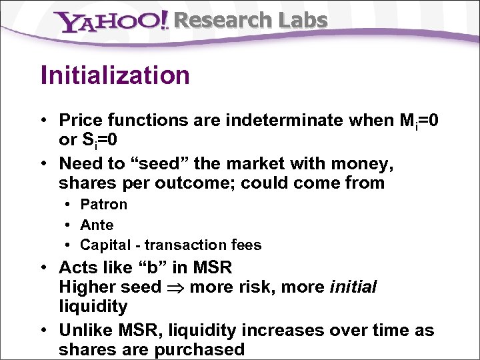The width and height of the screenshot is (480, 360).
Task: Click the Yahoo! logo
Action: pos(111,22)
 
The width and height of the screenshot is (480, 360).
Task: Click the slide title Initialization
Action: pos(115,75)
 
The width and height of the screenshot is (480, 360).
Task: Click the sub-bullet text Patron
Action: pos(103,205)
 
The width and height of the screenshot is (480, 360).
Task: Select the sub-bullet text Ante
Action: pos(97,225)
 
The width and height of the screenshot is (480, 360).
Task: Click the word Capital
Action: pos(104,245)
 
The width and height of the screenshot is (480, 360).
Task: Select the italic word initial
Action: pos(353,287)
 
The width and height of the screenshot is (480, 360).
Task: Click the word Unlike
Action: pos(85,330)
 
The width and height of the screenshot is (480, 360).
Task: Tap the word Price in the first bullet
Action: pos(79,121)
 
